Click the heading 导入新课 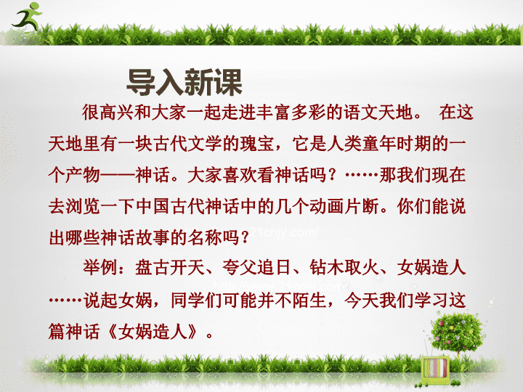click(184, 82)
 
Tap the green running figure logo click(27, 17)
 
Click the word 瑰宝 click(257, 144)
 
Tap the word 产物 click(83, 175)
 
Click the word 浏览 click(83, 206)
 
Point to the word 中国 click(153, 206)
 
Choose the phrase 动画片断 click(344, 206)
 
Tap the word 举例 click(100, 267)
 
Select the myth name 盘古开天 click(170, 267)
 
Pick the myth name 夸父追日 click(257, 267)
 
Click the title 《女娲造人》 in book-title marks click(153, 332)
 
